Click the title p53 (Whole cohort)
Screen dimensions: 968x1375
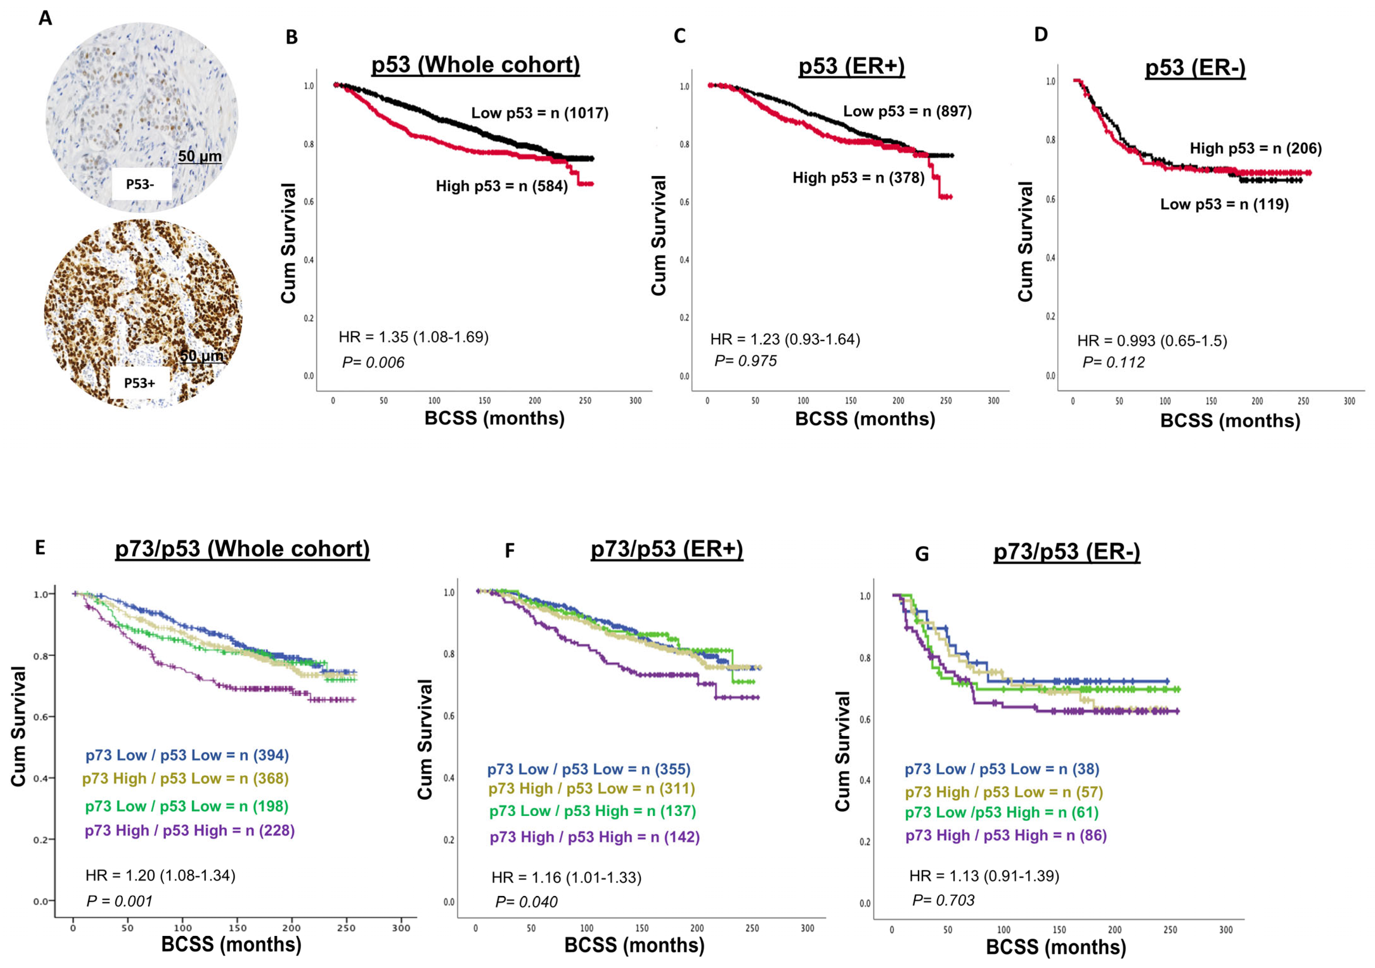(475, 65)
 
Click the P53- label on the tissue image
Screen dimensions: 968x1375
(140, 185)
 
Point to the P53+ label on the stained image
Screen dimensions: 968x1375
(140, 383)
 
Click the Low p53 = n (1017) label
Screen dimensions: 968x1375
(540, 113)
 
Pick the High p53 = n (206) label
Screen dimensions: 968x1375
(1255, 148)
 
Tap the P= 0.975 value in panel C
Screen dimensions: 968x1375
(746, 361)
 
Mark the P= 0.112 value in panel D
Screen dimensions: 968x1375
(1113, 362)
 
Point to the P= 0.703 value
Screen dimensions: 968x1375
(943, 900)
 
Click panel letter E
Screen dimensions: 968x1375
(40, 548)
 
